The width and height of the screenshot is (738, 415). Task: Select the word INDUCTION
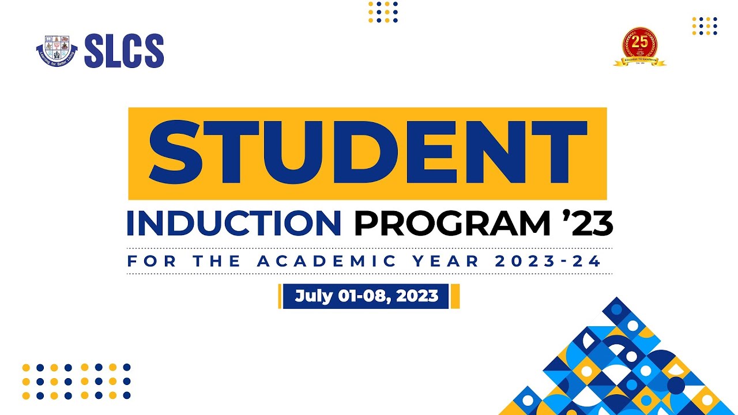234,224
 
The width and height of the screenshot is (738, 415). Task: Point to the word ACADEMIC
327,261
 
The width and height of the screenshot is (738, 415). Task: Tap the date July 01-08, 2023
366,296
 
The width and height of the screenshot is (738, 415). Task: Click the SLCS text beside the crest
124,51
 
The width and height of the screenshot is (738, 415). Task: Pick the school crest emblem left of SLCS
57,51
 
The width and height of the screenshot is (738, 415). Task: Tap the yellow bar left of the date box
280,296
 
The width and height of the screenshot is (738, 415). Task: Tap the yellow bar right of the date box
455,296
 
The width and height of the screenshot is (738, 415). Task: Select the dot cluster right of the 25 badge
705,26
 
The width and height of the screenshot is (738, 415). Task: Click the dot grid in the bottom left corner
76,381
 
